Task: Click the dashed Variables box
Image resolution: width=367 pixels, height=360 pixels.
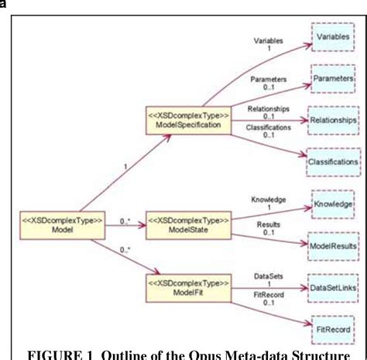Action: (334, 36)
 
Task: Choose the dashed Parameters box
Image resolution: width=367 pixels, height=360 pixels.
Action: (334, 79)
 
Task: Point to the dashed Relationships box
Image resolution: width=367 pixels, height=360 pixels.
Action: (334, 121)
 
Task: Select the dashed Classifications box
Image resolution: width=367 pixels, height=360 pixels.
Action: (334, 163)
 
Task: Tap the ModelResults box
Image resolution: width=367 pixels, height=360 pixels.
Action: (334, 245)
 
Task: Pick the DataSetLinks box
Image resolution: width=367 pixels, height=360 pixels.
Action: (334, 286)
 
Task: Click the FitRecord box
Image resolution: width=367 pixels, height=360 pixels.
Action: (334, 328)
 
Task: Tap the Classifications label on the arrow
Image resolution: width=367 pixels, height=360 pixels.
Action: (269, 126)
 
